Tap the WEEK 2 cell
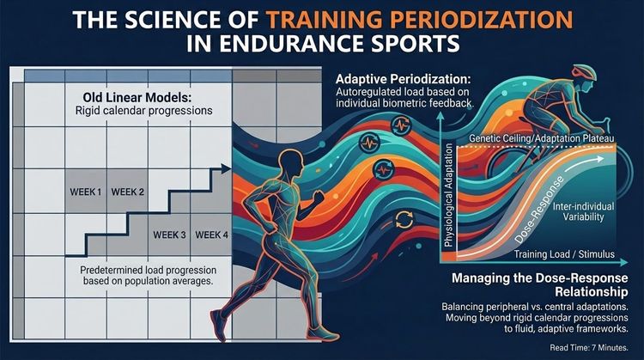click(128, 191)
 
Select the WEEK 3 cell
click(170, 234)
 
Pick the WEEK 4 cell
click(211, 234)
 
